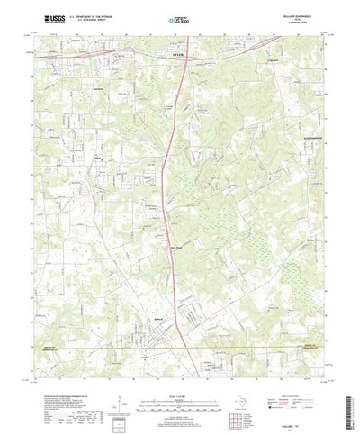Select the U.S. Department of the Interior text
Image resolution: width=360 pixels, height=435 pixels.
pyautogui.click(x=89, y=14)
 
